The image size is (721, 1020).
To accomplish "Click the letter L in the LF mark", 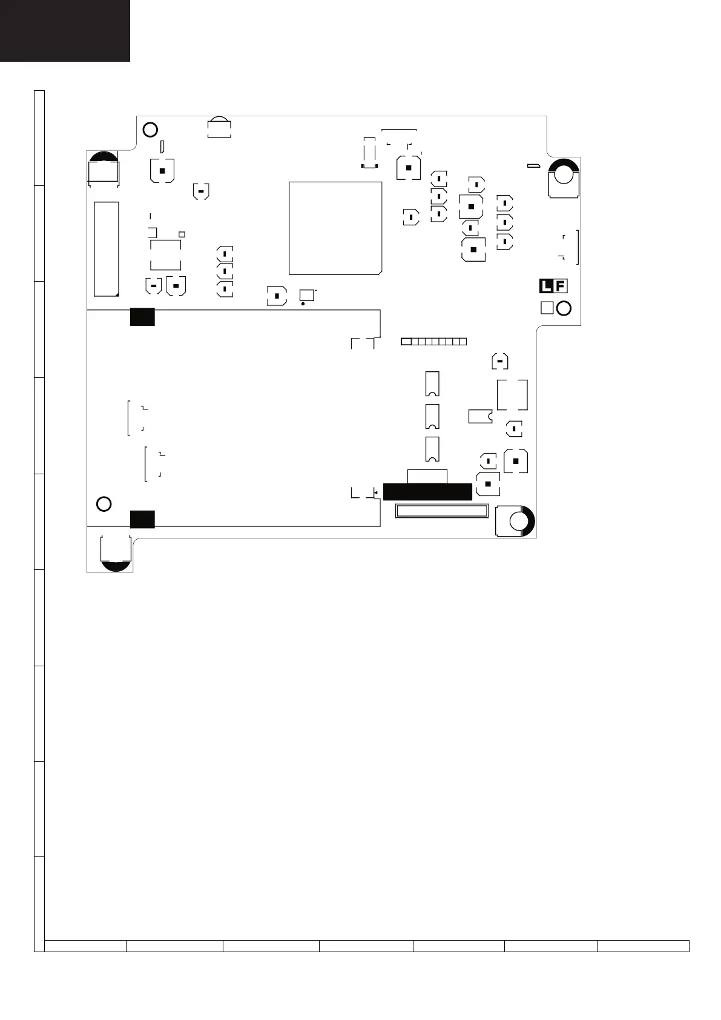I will pos(547,286).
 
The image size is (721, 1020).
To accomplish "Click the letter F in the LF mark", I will pos(561,286).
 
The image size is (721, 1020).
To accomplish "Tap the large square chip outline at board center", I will pos(335,228).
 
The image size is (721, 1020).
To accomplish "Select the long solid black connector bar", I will pos(427,492).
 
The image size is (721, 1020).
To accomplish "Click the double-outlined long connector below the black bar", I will pos(441,511).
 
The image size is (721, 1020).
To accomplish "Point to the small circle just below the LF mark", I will pos(564,308).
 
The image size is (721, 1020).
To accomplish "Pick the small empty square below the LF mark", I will pos(547,308).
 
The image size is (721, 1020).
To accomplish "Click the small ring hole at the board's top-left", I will pos(150,130).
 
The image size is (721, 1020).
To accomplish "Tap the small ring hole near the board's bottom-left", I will pos(104,504).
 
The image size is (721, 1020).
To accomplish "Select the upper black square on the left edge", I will pos(142,317).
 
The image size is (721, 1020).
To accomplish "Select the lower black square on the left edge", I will pos(142,519).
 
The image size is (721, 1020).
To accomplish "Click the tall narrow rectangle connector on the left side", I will pos(107,249).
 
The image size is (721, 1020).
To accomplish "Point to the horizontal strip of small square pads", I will pos(433,342).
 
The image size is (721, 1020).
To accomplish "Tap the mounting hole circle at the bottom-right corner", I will pos(518,522).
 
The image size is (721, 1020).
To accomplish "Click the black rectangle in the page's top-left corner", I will pos(65,30).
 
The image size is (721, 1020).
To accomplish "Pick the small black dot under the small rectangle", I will pos(303,303).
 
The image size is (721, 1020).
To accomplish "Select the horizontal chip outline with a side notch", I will pos(480,416).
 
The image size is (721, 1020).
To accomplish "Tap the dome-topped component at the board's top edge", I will pos(219,128).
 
